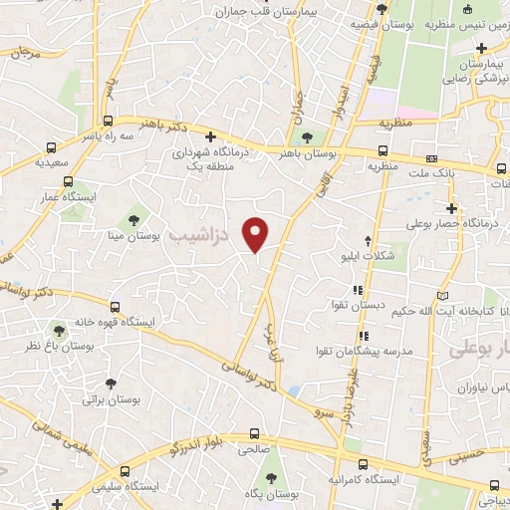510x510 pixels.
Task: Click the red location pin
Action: [x=256, y=232]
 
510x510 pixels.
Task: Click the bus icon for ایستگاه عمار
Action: [x=68, y=181]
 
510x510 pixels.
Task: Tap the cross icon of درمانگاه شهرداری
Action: [x=209, y=137]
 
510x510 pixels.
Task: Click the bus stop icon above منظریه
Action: [x=382, y=151]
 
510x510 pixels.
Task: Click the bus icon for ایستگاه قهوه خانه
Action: [x=116, y=307]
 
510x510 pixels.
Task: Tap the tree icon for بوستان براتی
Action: [x=111, y=382]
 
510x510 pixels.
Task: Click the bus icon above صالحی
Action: [x=255, y=434]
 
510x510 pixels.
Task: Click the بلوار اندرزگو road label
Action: [x=203, y=436]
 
